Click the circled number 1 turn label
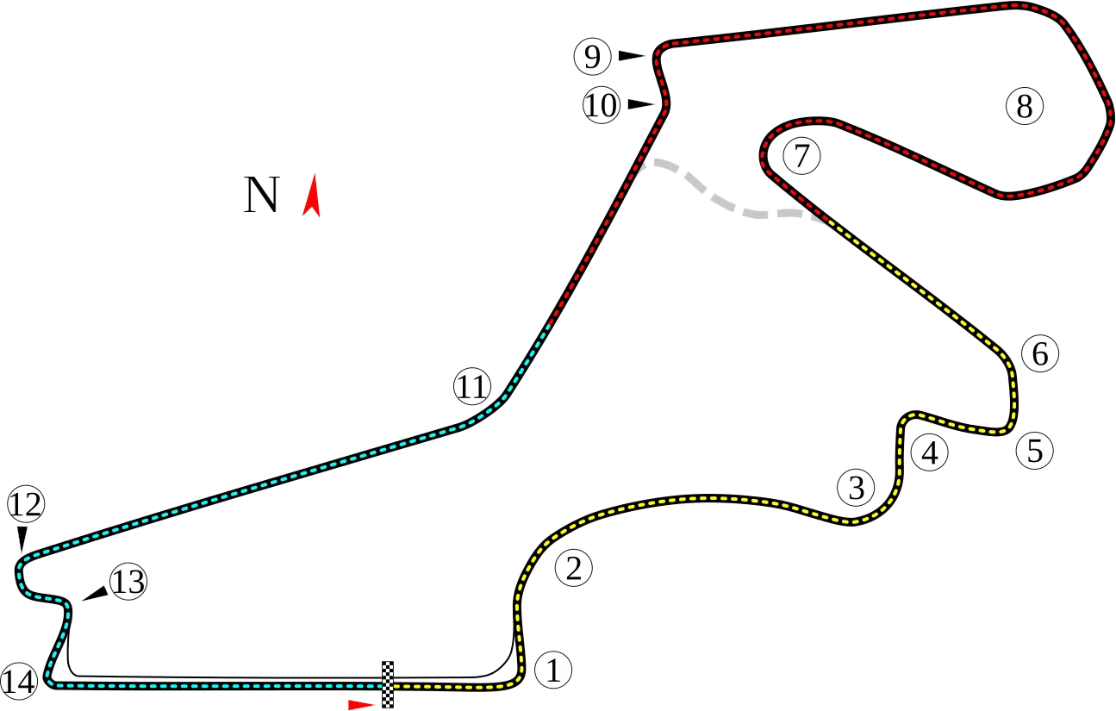click(553, 670)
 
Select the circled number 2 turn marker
click(573, 567)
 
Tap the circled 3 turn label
click(856, 487)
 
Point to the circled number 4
click(930, 453)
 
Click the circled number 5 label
click(1035, 451)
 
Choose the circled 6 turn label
click(1040, 353)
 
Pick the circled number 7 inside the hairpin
click(801, 156)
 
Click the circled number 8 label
click(1025, 106)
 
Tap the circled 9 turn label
click(592, 57)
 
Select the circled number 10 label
click(602, 105)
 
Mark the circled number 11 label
click(471, 387)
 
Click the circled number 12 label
click(26, 504)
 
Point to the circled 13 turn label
click(128, 582)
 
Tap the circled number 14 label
click(19, 682)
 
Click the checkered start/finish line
click(388, 684)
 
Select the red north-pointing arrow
click(311, 196)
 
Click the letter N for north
click(262, 195)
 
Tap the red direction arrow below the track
click(361, 704)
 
